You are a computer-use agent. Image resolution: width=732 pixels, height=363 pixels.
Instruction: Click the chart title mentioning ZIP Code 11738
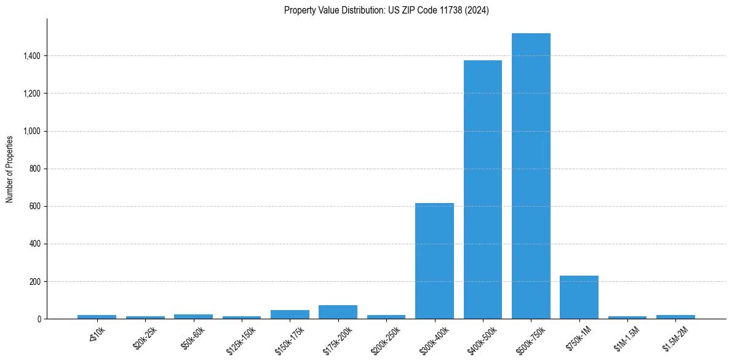tap(386, 10)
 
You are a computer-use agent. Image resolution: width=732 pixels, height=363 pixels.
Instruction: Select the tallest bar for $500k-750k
tap(531, 176)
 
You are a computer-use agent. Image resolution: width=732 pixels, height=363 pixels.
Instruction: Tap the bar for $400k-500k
tap(483, 189)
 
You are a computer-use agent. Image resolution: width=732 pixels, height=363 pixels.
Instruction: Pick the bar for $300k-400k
tap(434, 261)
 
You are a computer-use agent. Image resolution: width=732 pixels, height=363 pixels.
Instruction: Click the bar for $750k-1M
tap(579, 297)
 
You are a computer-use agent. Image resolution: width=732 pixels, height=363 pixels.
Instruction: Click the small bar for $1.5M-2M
tap(675, 317)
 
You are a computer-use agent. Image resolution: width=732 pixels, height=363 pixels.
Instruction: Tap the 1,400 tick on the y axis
tap(31, 56)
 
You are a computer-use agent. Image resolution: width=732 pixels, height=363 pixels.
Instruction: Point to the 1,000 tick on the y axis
tap(31, 131)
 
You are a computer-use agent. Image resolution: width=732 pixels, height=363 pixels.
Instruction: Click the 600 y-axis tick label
tap(34, 206)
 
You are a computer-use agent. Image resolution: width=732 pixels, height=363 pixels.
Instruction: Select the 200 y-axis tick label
tap(34, 282)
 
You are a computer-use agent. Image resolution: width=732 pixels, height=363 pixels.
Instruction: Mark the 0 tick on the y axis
tap(39, 319)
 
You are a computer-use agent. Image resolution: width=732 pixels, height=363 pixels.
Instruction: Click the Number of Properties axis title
tap(10, 169)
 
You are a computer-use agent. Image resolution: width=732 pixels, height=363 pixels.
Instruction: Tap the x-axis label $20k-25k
tap(145, 337)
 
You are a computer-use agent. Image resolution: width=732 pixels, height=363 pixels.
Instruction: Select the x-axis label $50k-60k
tap(193, 337)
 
